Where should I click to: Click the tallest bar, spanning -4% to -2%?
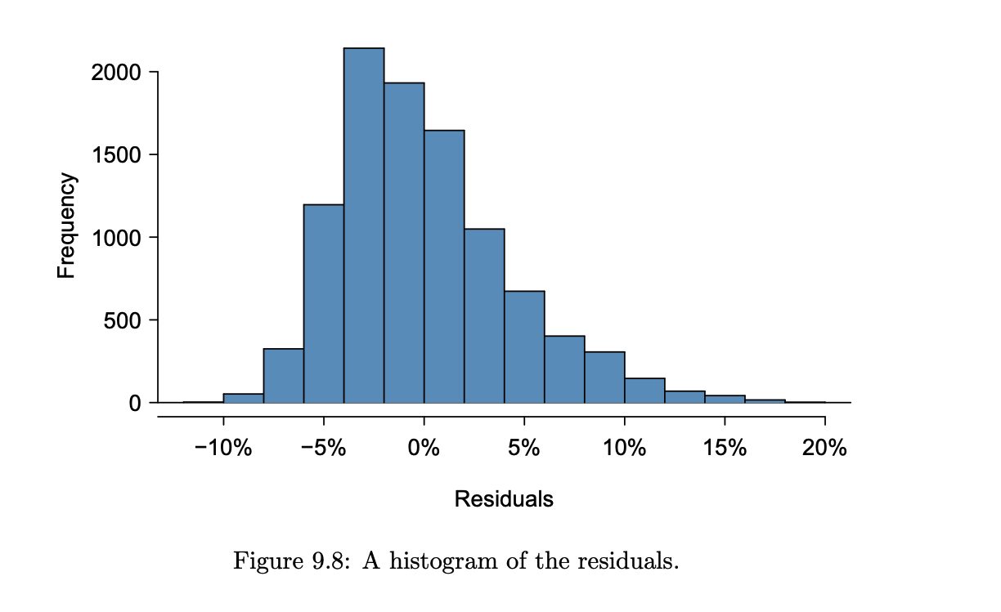[364, 229]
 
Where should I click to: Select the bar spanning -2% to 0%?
[404, 245]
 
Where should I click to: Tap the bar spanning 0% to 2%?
[444, 270]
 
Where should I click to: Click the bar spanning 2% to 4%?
[484, 319]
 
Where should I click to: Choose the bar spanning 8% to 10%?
[604, 378]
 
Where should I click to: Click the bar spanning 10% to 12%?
[644, 391]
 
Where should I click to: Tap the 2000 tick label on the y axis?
[116, 73]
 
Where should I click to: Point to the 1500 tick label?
[116, 155]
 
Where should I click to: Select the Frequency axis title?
[66, 226]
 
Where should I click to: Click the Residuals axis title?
[504, 498]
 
